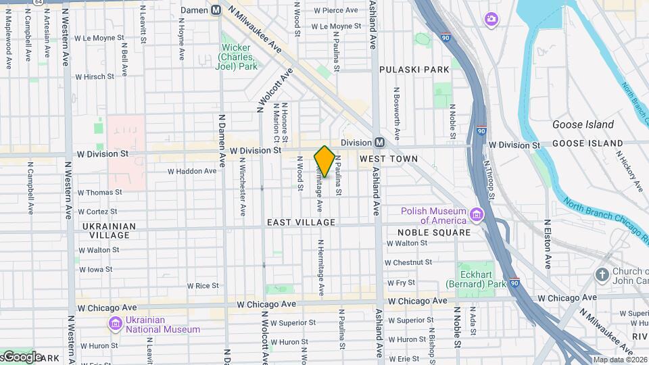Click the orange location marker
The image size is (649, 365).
click(x=324, y=162)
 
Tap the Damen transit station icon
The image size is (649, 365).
click(x=216, y=10)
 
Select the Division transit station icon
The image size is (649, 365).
click(x=379, y=143)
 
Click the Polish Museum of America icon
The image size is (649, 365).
click(x=477, y=215)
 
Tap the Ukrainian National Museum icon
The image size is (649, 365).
click(x=115, y=324)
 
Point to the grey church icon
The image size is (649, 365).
click(x=602, y=275)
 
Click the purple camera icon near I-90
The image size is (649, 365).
click(x=491, y=18)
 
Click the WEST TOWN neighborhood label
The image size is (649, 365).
click(x=388, y=158)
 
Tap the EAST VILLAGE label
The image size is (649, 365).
click(x=301, y=222)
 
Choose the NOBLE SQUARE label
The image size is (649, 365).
click(x=429, y=233)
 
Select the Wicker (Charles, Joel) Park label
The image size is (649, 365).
click(x=236, y=57)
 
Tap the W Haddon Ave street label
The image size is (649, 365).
click(x=192, y=172)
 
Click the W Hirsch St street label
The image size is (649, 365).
click(x=95, y=77)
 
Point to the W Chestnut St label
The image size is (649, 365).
click(x=408, y=262)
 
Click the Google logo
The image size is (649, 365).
click(x=22, y=357)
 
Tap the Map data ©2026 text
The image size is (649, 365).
click(x=620, y=360)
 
